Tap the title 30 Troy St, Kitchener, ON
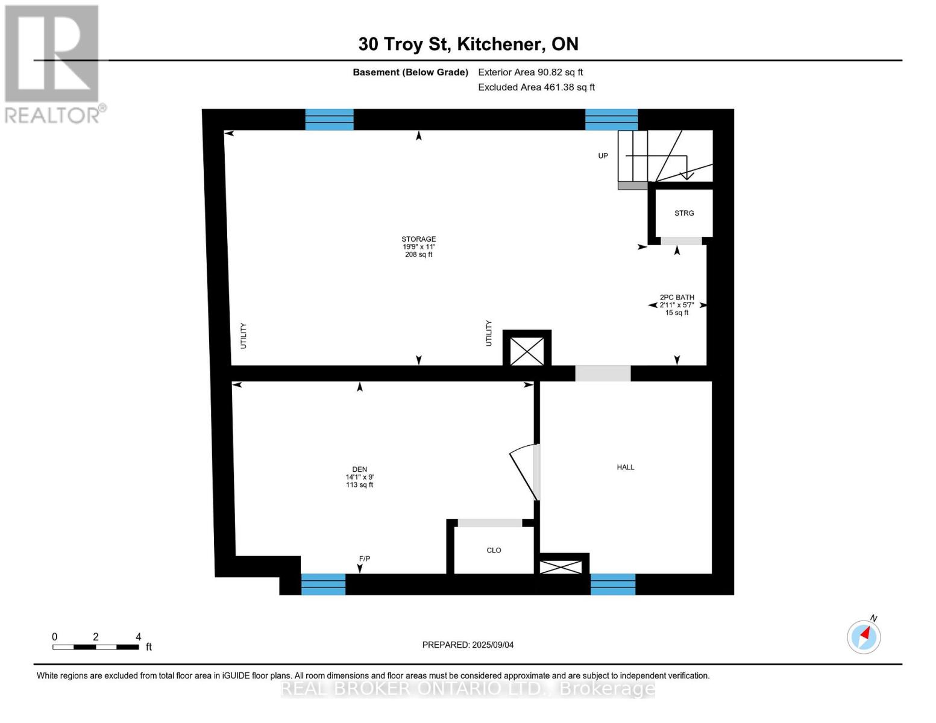click(468, 44)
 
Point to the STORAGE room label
click(418, 246)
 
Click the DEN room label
click(359, 477)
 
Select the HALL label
click(625, 467)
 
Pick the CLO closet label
click(494, 550)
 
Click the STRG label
click(684, 213)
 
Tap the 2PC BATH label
click(677, 305)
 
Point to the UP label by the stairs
click(603, 156)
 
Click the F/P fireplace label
click(364, 559)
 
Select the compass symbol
click(864, 636)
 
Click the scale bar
click(96, 647)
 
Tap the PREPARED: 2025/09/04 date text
click(468, 645)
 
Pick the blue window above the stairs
click(611, 119)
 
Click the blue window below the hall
click(612, 584)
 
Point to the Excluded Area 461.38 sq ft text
click(536, 87)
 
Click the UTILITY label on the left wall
click(243, 336)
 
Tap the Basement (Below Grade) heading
click(410, 72)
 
